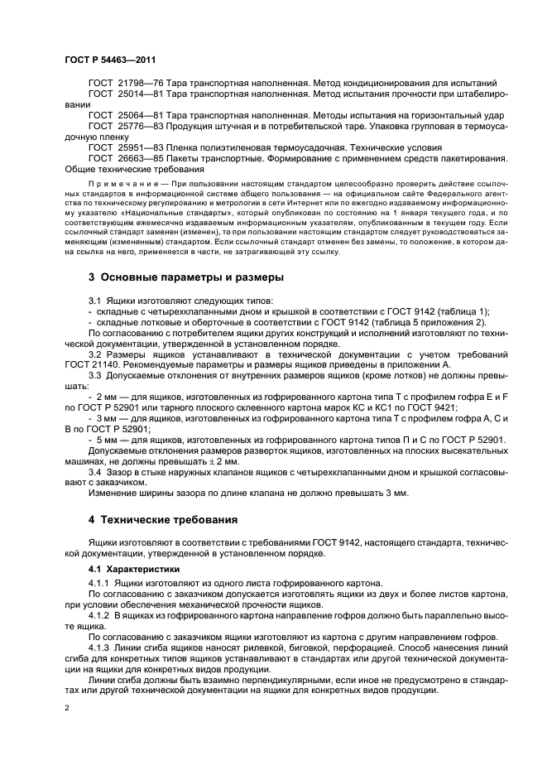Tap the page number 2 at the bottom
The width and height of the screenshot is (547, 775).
(x=67, y=708)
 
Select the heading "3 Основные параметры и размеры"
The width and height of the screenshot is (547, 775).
(x=186, y=277)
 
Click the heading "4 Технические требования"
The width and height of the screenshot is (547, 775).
(x=164, y=520)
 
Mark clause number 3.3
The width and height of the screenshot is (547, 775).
(x=95, y=375)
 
